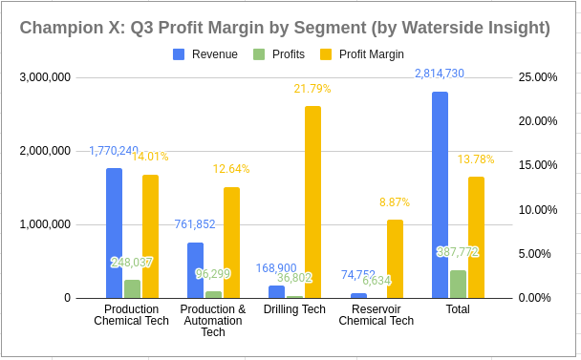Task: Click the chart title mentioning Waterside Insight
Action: point(285,28)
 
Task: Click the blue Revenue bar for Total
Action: point(440,195)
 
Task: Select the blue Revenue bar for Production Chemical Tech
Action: point(114,233)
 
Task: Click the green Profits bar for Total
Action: point(458,284)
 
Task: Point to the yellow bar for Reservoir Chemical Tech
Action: point(395,259)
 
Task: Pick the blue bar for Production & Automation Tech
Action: point(195,270)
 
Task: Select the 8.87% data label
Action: point(395,202)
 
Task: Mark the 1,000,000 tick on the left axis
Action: point(44,224)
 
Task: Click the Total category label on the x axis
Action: point(458,309)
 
